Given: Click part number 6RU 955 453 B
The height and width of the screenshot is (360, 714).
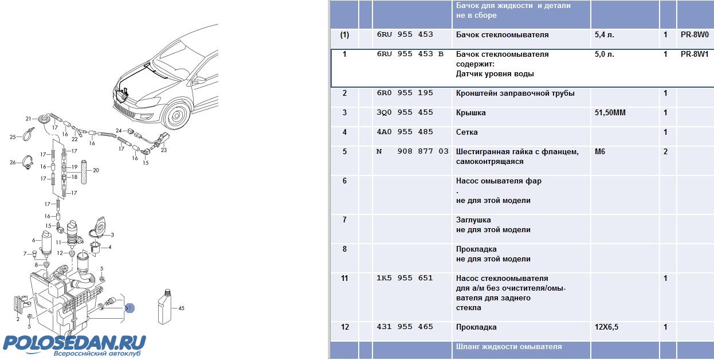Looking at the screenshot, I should [410, 54].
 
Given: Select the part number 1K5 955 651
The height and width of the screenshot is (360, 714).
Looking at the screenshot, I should [405, 279].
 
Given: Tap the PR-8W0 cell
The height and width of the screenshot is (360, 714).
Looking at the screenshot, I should [695, 35].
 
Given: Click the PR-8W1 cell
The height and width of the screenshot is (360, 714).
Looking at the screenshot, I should [695, 54].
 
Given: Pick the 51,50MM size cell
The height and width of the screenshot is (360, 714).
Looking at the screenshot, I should [610, 113].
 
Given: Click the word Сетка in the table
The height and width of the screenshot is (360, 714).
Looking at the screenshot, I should [467, 132].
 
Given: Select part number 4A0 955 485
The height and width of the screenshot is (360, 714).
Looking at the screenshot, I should [405, 132].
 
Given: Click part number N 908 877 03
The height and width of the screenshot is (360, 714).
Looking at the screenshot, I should [413, 152].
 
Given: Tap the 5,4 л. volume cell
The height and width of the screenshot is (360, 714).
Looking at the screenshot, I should [605, 35].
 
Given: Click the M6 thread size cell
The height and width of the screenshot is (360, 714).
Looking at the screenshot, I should [600, 152].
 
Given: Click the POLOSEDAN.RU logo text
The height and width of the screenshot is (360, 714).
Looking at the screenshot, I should [74, 342].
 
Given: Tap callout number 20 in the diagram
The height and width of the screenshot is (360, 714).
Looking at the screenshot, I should [96, 170].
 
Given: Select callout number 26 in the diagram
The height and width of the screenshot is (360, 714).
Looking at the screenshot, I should [13, 162].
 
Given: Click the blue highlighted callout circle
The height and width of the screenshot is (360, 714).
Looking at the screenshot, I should [130, 308].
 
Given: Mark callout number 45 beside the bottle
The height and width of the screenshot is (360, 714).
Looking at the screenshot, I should [181, 308].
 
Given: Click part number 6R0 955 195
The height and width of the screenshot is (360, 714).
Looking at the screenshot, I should [405, 93].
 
